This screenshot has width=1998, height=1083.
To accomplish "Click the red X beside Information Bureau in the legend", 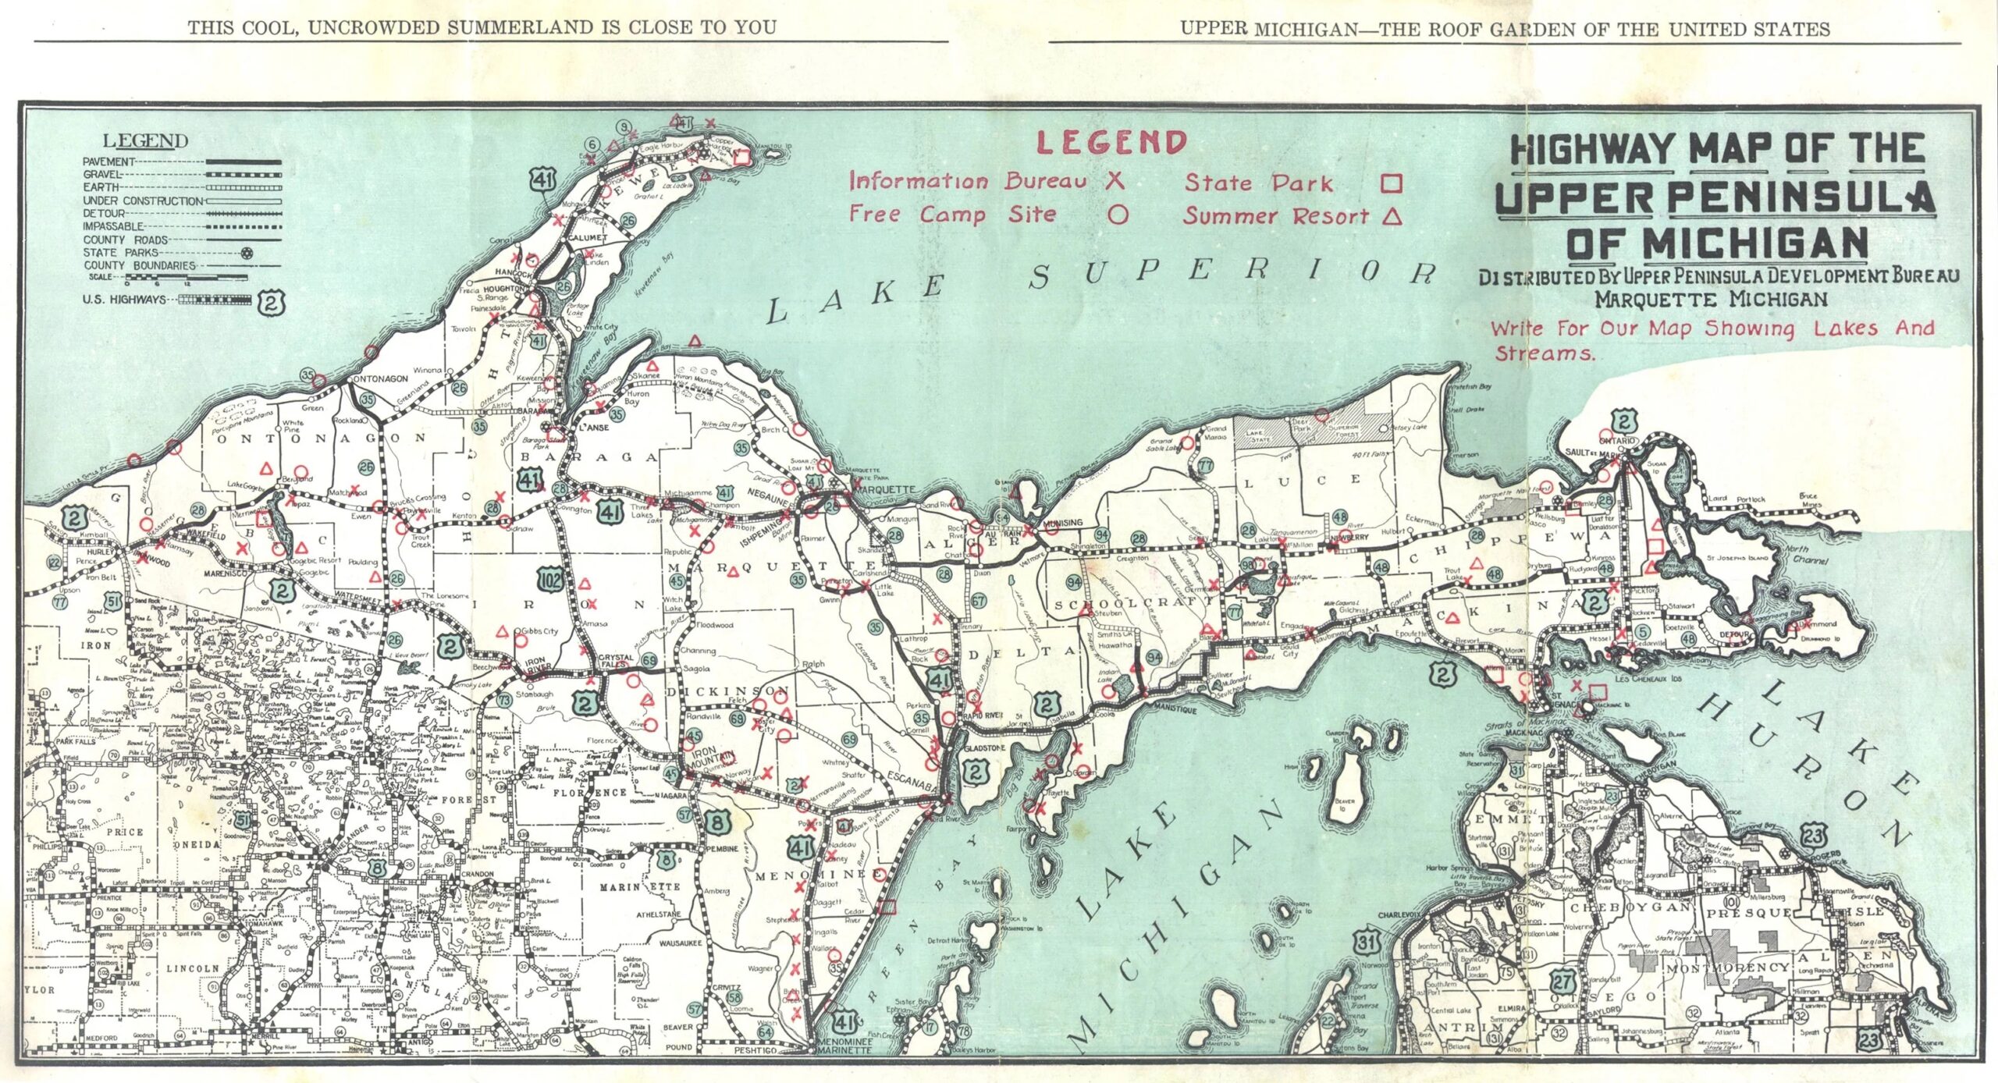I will [1115, 181].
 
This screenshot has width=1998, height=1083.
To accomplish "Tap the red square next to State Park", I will [1391, 183].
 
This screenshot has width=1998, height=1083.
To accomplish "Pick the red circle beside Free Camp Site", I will [1118, 215].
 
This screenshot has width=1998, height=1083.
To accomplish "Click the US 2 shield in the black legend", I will [271, 301].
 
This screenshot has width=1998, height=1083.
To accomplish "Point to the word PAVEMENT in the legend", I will [109, 162].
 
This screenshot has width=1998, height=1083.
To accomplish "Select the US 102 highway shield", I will [549, 579].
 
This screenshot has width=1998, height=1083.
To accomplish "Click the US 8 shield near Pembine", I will [719, 823].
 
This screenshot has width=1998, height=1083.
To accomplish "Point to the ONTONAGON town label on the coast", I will [381, 378].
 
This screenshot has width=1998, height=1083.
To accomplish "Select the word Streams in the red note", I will [1545, 353].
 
